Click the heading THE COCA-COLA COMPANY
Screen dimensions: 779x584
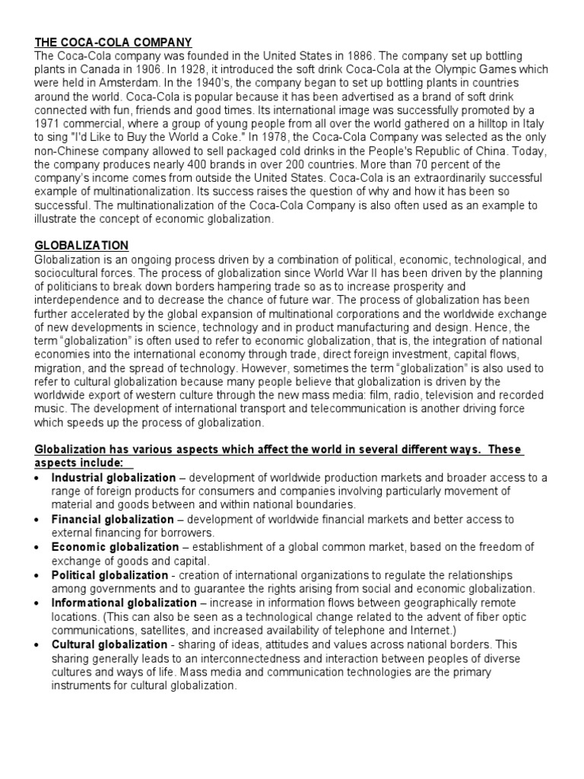[113, 42]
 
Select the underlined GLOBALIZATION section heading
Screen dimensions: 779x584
[81, 246]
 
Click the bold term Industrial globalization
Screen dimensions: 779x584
[113, 478]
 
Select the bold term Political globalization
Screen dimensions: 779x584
[109, 574]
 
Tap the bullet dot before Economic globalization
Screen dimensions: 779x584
[39, 547]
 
